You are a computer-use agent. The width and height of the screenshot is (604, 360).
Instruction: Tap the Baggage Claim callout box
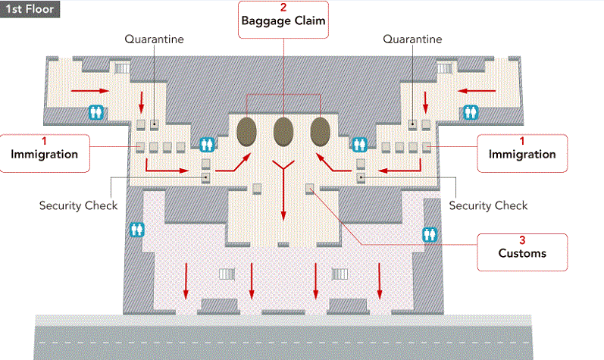pos(283,21)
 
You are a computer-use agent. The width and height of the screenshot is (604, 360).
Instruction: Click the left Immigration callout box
pos(45,152)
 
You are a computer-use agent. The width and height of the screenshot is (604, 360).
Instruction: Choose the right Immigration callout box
pos(521,152)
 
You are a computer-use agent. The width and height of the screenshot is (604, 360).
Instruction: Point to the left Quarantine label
pos(154,39)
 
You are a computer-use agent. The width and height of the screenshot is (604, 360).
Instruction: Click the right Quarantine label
pos(413,39)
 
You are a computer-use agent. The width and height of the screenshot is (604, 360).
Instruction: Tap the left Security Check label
pos(78,205)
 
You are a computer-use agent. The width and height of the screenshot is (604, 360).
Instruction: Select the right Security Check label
pos(488,205)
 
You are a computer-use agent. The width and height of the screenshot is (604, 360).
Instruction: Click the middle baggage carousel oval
pos(283,131)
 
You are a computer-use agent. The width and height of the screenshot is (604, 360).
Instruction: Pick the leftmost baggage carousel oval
pos(246,131)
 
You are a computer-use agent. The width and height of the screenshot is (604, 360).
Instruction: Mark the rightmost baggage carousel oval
pos(320,131)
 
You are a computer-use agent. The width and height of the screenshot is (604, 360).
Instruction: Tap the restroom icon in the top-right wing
pos(471,111)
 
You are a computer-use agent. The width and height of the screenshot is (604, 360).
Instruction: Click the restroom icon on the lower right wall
pos(430,234)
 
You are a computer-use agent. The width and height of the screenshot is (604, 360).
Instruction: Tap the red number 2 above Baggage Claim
pos(283,7)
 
